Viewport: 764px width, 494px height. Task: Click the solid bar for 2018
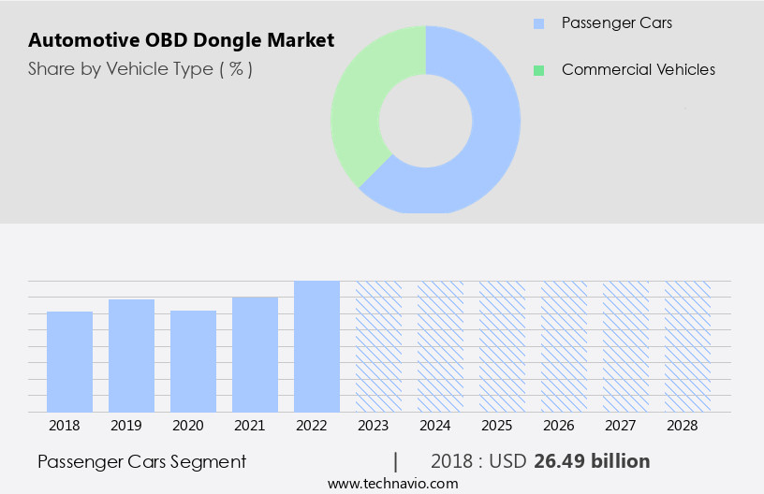[69, 361]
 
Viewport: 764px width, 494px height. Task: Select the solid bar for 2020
[193, 361]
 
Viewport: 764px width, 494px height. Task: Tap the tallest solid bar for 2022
[316, 346]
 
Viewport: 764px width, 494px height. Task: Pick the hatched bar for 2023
[378, 346]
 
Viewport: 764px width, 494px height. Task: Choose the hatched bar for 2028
[687, 346]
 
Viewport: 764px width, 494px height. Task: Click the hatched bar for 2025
[502, 346]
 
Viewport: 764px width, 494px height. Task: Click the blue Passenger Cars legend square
[537, 22]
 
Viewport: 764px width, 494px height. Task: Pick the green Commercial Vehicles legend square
[537, 70]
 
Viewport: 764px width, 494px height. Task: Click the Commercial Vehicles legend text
[638, 70]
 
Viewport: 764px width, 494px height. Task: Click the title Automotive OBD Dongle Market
[181, 41]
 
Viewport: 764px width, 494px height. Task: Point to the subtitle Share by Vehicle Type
[140, 69]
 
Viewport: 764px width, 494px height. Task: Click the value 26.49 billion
[591, 461]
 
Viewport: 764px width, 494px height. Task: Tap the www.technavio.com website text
[392, 484]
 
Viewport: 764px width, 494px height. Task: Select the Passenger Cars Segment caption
[141, 461]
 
